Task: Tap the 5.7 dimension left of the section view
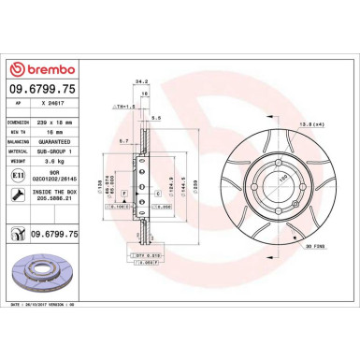[x=124, y=140]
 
